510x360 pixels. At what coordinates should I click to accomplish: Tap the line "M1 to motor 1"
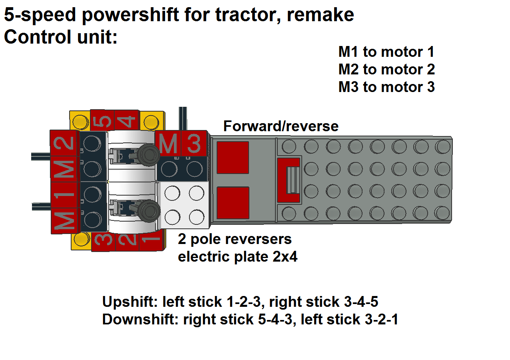[x=386, y=52]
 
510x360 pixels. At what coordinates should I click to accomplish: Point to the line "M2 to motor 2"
[x=386, y=70]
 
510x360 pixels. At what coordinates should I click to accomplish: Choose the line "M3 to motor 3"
[x=386, y=87]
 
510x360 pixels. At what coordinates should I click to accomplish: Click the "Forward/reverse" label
[x=281, y=126]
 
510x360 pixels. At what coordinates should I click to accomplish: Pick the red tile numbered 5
[x=103, y=120]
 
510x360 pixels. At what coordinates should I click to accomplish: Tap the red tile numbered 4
[x=127, y=120]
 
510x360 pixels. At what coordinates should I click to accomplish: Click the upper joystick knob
[x=147, y=154]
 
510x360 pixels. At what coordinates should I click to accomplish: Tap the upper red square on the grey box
[x=233, y=157]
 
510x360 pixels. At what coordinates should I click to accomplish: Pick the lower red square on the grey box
[x=233, y=203]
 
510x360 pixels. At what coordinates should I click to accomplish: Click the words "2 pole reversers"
[x=235, y=239]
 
